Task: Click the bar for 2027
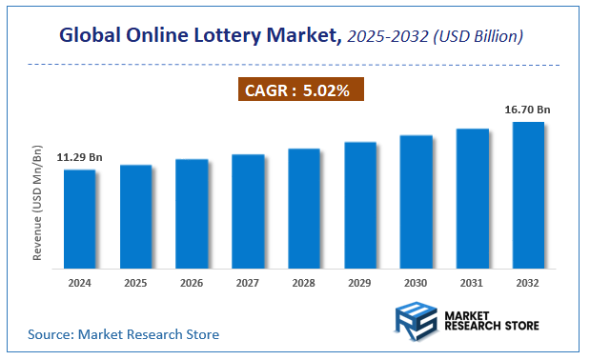(x=248, y=212)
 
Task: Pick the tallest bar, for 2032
(x=528, y=196)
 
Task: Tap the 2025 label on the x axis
(x=135, y=284)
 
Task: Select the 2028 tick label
(x=304, y=284)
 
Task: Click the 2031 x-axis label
(x=473, y=284)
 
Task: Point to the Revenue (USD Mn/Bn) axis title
(x=38, y=206)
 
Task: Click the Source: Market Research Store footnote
(x=123, y=334)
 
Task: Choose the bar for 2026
(x=192, y=215)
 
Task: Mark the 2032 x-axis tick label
(x=529, y=284)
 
